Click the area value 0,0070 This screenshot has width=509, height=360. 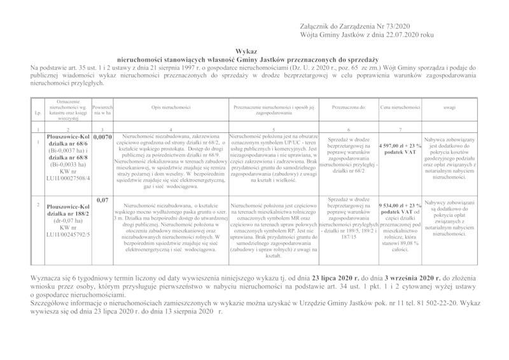102,136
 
